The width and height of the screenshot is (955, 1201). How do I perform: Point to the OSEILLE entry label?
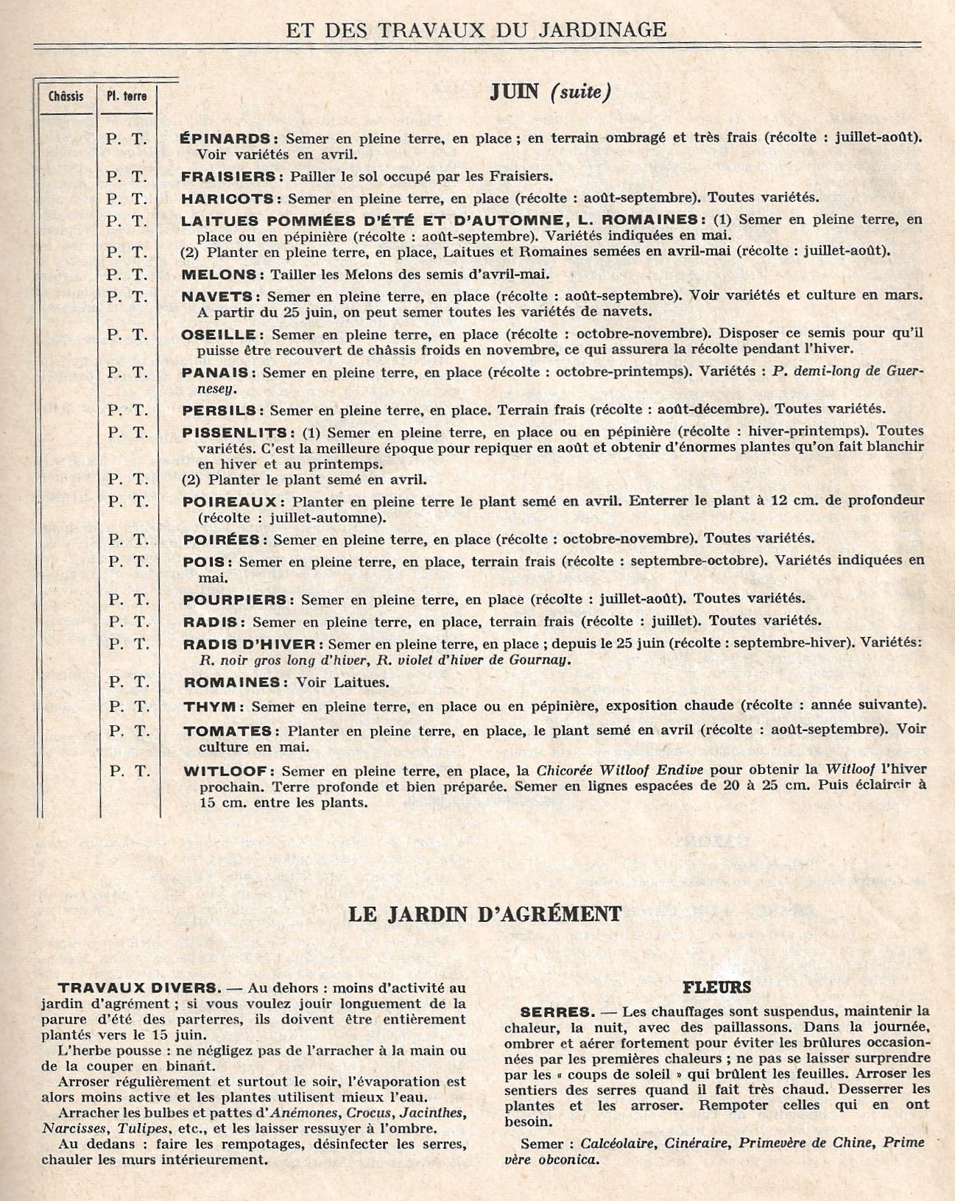(x=219, y=334)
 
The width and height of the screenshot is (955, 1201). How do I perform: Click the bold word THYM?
(x=210, y=706)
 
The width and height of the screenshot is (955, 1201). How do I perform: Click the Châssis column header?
(x=66, y=96)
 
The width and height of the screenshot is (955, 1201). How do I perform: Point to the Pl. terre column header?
(x=127, y=96)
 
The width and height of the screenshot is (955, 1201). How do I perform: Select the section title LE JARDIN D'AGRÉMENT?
(x=484, y=914)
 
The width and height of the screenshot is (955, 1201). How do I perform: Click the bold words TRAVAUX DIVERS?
(x=137, y=988)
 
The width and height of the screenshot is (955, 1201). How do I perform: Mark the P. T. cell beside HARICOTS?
(x=127, y=198)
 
